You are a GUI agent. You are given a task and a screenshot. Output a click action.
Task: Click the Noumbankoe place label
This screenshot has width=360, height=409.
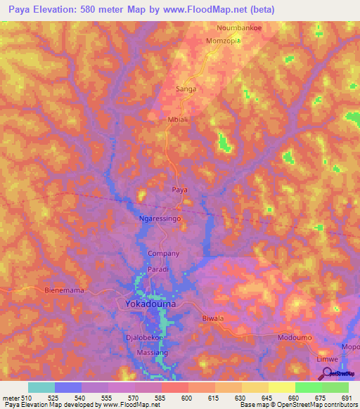coord(237,30)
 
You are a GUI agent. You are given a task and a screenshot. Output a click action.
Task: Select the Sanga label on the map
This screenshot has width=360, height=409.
coord(185,89)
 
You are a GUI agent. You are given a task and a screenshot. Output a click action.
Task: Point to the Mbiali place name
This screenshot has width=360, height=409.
coord(177,119)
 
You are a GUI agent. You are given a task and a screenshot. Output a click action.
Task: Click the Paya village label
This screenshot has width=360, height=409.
coord(181,190)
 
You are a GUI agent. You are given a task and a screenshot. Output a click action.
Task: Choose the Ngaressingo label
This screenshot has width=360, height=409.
coord(160,219)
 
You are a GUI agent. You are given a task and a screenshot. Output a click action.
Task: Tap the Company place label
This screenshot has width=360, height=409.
coord(164,254)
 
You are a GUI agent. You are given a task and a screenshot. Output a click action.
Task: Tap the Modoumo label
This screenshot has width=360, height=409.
coord(295,338)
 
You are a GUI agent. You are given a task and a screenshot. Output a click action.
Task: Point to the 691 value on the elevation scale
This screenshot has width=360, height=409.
coord(346,398)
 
